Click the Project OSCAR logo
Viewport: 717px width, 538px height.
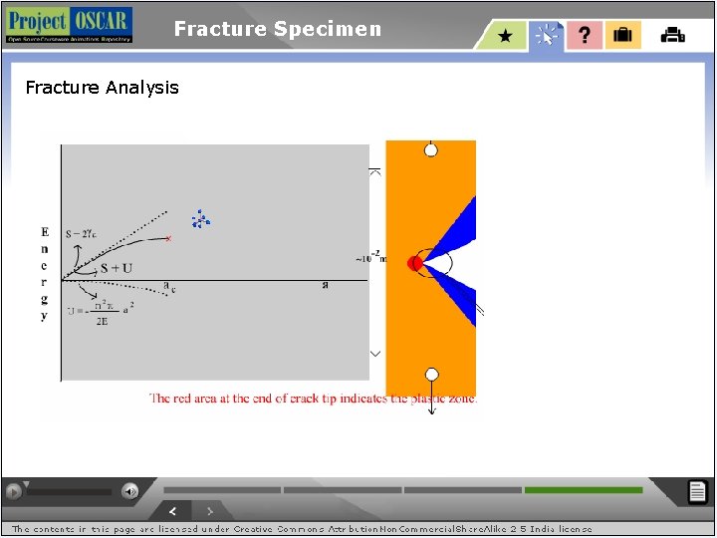(x=68, y=25)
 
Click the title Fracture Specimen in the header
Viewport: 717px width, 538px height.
(x=277, y=29)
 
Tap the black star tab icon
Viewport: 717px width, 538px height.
(x=505, y=36)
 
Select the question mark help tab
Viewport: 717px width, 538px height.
(x=585, y=36)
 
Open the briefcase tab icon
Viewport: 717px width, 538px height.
(x=622, y=36)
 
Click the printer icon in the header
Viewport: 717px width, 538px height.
(x=673, y=36)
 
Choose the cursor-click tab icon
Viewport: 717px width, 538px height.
(x=546, y=36)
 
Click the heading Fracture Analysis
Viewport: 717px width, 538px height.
(x=102, y=88)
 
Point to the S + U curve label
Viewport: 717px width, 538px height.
(x=116, y=268)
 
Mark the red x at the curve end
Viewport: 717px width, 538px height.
(x=168, y=238)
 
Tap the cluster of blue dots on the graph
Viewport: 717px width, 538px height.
(x=201, y=220)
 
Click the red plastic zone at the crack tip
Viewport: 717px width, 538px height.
(x=415, y=263)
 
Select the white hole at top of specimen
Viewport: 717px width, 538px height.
(x=431, y=150)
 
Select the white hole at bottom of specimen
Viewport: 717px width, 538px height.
(x=431, y=375)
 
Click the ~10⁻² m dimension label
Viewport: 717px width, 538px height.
(x=370, y=258)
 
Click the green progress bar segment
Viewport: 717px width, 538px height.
(x=583, y=490)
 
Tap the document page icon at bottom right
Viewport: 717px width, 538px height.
(x=698, y=491)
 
